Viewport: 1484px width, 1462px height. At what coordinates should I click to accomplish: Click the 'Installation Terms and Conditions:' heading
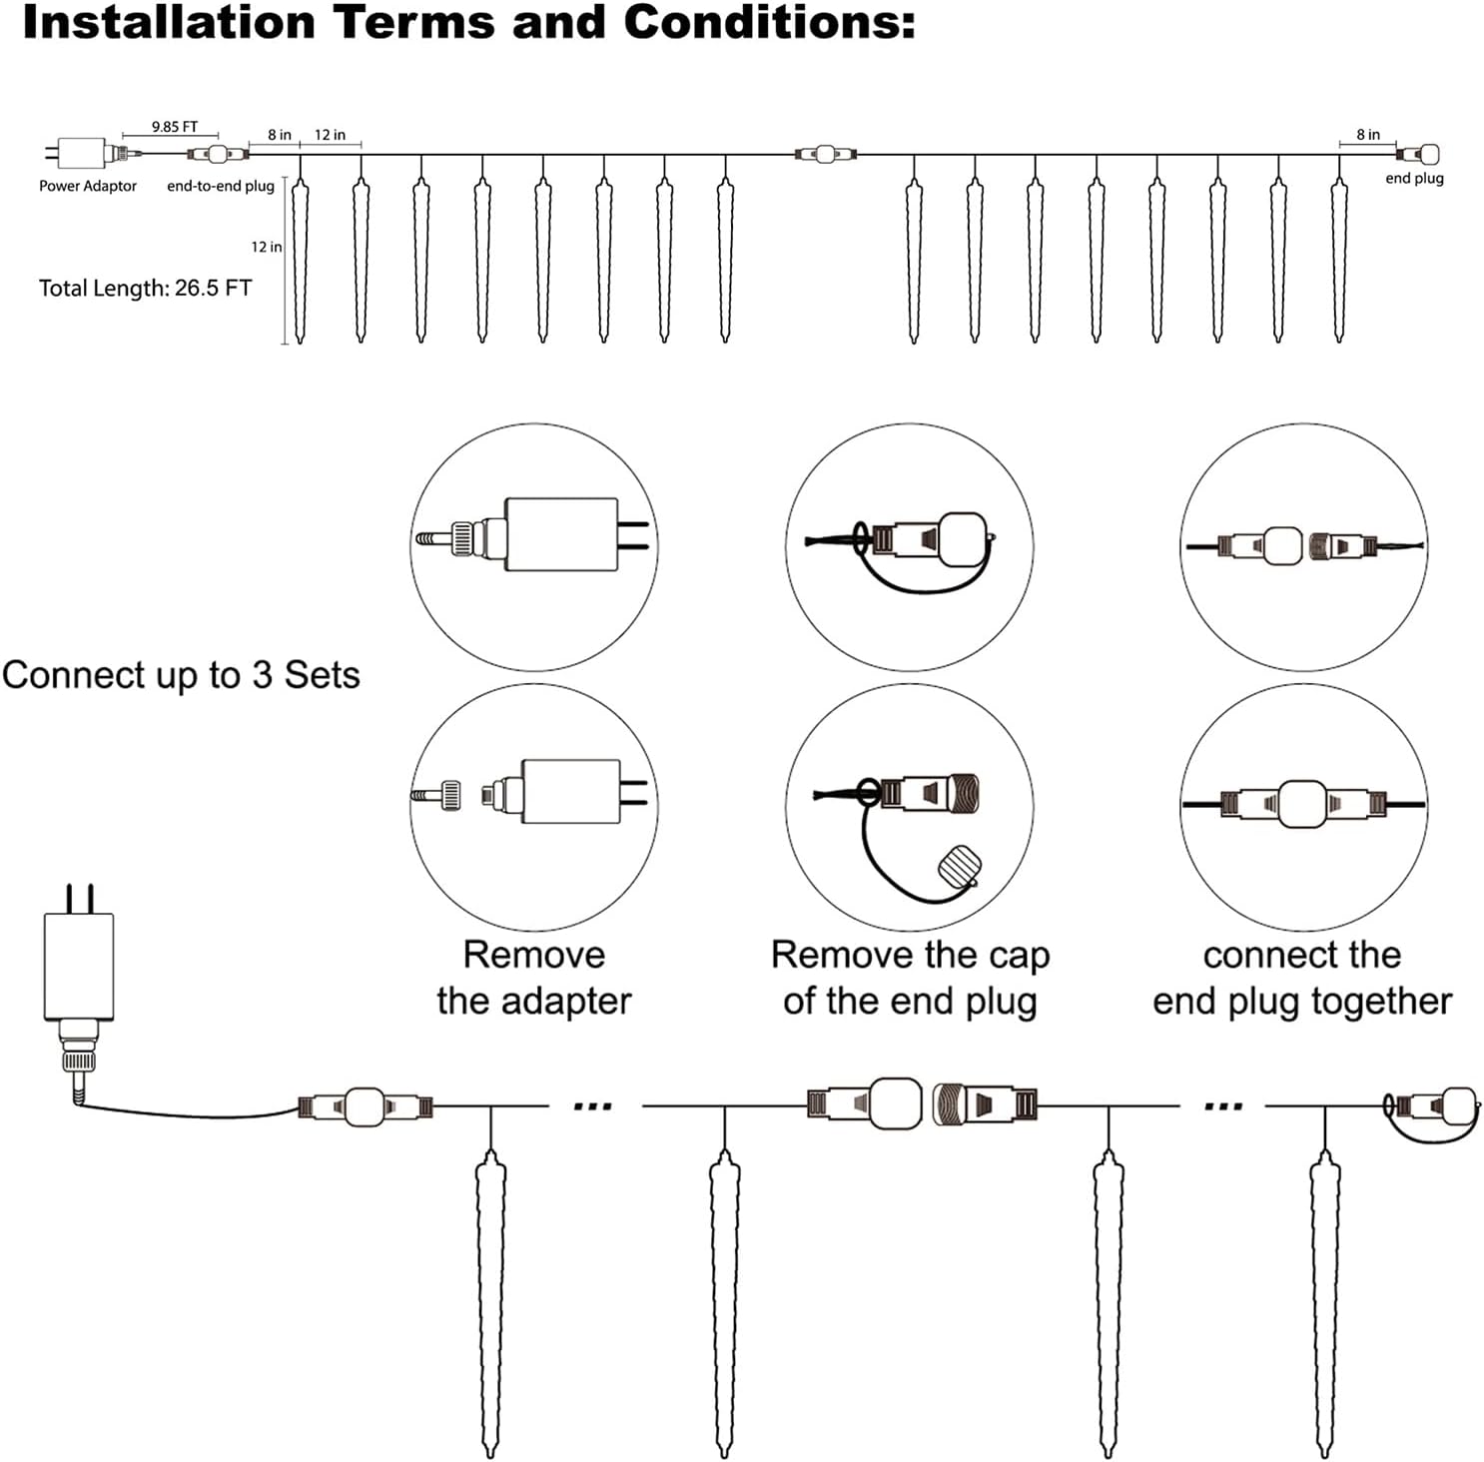(468, 22)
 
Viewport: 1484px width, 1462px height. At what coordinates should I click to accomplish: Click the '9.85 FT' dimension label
(175, 127)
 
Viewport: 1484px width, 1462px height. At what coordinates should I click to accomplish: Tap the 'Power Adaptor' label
(88, 186)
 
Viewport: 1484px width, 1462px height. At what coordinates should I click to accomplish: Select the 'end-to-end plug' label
(221, 186)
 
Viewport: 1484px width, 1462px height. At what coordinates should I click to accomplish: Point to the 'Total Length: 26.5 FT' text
(145, 289)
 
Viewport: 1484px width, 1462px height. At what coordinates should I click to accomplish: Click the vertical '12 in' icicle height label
(266, 247)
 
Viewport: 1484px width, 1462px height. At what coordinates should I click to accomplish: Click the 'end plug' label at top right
(1414, 179)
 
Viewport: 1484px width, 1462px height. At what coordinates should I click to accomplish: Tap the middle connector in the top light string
(825, 154)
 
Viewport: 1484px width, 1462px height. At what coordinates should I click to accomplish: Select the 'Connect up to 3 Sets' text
(181, 675)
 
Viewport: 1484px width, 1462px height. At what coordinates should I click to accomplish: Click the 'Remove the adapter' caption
(534, 978)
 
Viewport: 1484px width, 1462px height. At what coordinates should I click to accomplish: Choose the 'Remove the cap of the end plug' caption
(910, 978)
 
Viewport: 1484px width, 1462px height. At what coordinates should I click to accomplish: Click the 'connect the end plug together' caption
(1302, 978)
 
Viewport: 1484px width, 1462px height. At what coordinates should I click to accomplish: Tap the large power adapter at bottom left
(78, 967)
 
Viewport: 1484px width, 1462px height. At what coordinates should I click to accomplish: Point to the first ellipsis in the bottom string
(593, 1106)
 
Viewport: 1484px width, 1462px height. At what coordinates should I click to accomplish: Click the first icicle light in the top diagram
(300, 260)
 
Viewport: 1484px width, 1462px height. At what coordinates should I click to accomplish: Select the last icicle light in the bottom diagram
(1325, 1298)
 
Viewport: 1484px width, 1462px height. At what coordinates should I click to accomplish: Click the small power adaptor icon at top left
(82, 154)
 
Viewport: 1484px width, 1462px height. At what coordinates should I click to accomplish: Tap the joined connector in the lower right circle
(1302, 804)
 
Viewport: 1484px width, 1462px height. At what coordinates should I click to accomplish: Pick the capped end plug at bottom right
(1436, 1106)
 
